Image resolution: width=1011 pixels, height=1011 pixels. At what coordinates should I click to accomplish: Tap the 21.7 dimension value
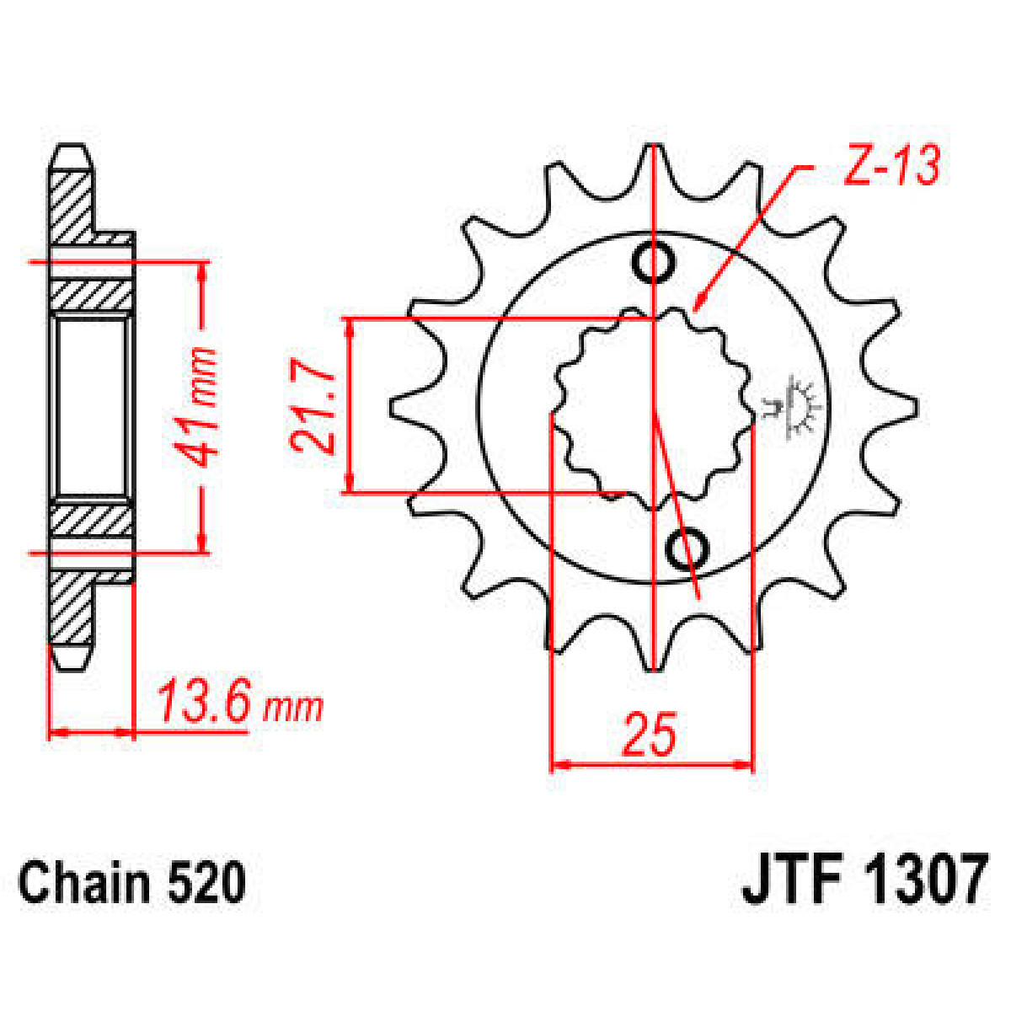click(314, 406)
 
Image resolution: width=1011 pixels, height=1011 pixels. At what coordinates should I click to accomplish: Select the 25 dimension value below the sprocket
click(650, 735)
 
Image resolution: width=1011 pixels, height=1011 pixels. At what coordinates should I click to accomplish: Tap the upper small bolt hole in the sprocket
click(654, 262)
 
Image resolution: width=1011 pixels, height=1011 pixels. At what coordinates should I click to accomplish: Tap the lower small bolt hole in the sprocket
click(687, 548)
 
